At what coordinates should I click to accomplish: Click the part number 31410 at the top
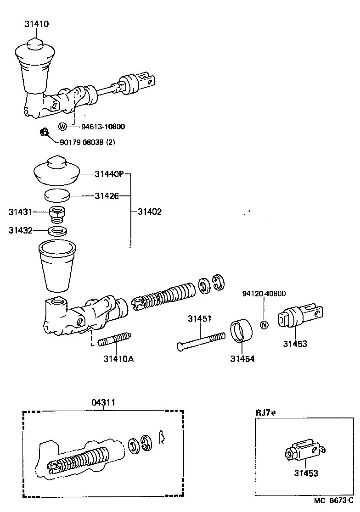click(x=37, y=23)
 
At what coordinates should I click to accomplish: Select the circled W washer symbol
click(x=63, y=126)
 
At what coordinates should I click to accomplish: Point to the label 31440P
click(x=109, y=174)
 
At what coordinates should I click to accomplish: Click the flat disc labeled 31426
click(x=56, y=196)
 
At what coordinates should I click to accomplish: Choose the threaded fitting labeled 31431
click(x=56, y=213)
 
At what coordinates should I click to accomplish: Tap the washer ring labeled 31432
click(x=57, y=230)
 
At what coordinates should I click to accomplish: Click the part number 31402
click(x=150, y=212)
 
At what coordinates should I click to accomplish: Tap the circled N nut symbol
click(x=264, y=325)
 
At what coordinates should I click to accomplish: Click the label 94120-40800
click(x=264, y=294)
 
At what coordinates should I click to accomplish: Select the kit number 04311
click(x=103, y=402)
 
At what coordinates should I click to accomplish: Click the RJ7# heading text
click(x=265, y=412)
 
